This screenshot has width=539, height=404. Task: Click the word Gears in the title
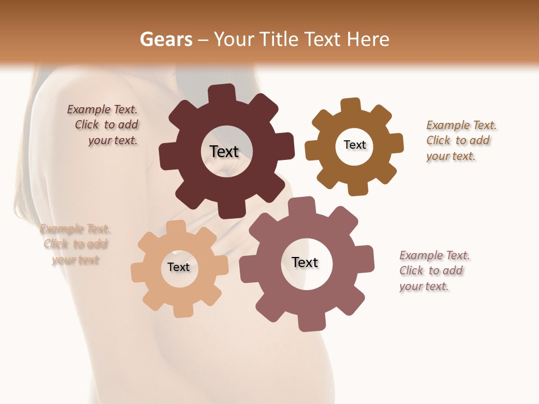click(166, 39)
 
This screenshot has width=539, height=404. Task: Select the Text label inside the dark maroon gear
click(224, 151)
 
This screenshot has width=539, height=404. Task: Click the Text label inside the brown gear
click(354, 145)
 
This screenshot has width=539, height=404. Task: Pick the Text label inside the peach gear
click(179, 267)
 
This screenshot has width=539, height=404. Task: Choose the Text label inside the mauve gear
click(305, 262)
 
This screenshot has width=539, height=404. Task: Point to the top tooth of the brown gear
click(351, 105)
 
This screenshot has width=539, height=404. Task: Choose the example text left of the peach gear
click(75, 244)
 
